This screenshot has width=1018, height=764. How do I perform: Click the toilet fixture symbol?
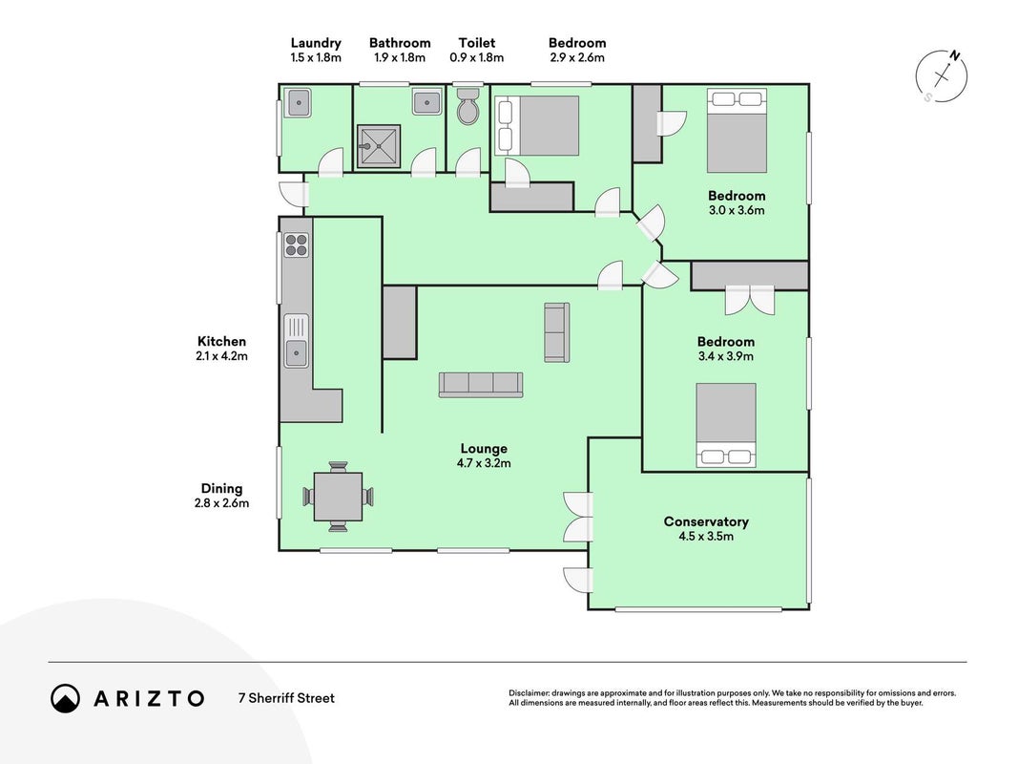pyautogui.click(x=467, y=107)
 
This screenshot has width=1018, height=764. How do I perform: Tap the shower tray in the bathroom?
pyautogui.click(x=379, y=146)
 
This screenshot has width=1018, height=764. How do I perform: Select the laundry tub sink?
pyautogui.click(x=300, y=102)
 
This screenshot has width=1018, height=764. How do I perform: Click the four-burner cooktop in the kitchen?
pyautogui.click(x=296, y=245)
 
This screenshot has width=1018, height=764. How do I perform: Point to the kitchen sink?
pyautogui.click(x=297, y=341)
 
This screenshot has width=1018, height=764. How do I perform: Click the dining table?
pyautogui.click(x=339, y=497)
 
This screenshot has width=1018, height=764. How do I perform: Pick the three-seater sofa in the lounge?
pyautogui.click(x=481, y=385)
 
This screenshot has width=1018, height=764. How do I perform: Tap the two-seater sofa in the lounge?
pyautogui.click(x=557, y=332)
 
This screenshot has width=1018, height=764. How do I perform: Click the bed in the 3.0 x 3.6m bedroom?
pyautogui.click(x=737, y=131)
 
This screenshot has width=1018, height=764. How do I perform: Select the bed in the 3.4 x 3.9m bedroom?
pyautogui.click(x=726, y=425)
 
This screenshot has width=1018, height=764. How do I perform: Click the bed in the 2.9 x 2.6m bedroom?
pyautogui.click(x=537, y=125)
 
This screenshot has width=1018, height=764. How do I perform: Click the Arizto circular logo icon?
pyautogui.click(x=66, y=698)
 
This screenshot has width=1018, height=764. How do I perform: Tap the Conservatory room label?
pyautogui.click(x=706, y=521)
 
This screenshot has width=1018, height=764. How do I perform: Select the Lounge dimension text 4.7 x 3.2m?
pyautogui.click(x=484, y=463)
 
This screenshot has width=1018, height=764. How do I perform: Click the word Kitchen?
pyautogui.click(x=222, y=341)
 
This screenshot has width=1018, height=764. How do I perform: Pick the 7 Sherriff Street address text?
pyautogui.click(x=286, y=698)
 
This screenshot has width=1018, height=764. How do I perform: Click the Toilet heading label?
pyautogui.click(x=477, y=43)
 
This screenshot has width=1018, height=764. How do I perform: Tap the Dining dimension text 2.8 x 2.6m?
pyautogui.click(x=221, y=503)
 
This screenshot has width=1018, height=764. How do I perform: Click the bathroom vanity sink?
pyautogui.click(x=426, y=101)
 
